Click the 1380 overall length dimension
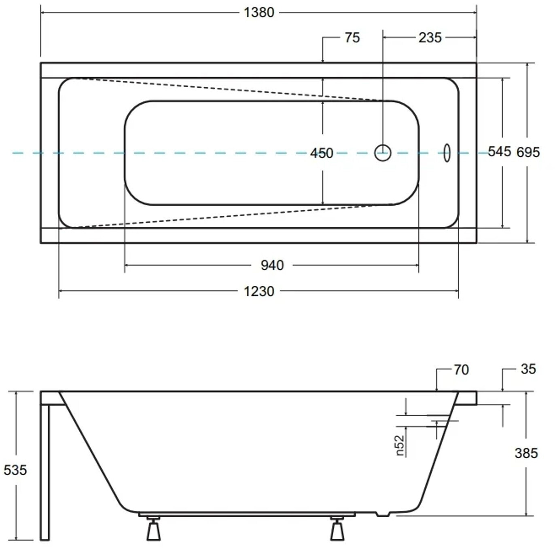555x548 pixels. click(259, 13)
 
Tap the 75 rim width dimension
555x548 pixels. click(352, 38)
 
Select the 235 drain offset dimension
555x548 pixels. click(430, 38)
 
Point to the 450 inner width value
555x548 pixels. click(322, 153)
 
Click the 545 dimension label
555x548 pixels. click(500, 152)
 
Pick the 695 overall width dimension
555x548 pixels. click(528, 152)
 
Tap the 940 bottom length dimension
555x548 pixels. click(272, 265)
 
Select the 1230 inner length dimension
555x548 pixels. click(259, 291)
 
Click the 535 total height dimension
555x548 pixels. click(15, 470)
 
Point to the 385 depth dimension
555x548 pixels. click(526, 453)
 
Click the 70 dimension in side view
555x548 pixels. click(462, 370)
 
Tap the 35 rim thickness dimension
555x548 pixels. click(528, 369)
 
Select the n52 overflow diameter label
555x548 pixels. click(400, 445)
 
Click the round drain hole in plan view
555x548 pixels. click(383, 153)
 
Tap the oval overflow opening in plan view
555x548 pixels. click(447, 152)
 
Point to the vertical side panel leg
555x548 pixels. click(44, 472)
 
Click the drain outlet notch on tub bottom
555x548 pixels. click(383, 514)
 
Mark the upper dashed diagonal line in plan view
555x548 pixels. click(227, 89)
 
